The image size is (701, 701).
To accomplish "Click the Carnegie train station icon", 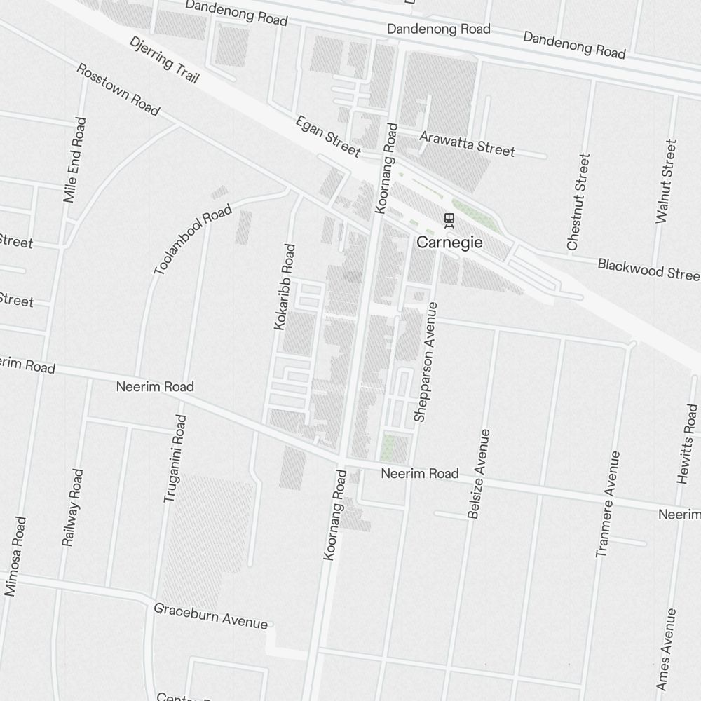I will coord(449,221).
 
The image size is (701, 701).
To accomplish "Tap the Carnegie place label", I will coord(449,243).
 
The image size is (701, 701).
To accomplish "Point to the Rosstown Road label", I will coord(118,90).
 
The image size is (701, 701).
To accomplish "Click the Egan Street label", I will coord(327,137).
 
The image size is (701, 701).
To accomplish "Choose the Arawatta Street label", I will coord(467,142).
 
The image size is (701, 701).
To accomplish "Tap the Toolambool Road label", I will coord(192,240).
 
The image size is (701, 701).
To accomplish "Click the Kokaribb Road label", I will coord(285,287).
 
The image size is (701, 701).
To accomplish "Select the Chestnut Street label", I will coord(578,202).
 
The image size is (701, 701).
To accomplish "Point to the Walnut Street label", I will coord(667,182).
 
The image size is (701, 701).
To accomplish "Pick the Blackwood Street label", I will coord(648,268).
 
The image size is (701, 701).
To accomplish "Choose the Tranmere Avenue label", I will coord(608,504).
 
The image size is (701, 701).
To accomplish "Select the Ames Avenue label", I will coord(667,649).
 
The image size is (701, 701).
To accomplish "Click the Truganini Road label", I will coord(175,458).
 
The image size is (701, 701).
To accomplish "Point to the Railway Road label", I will coord(73,508).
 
